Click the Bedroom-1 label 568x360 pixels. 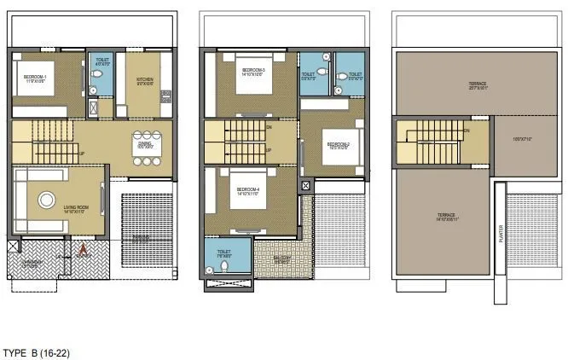point(35,78)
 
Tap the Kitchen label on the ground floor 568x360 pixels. point(146,82)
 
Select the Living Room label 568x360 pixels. point(76,206)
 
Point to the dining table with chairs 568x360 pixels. point(146,141)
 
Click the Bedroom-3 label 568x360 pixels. point(252,71)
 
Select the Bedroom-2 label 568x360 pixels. point(339,145)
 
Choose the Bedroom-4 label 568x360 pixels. point(247,189)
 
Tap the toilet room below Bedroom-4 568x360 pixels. point(227,257)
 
